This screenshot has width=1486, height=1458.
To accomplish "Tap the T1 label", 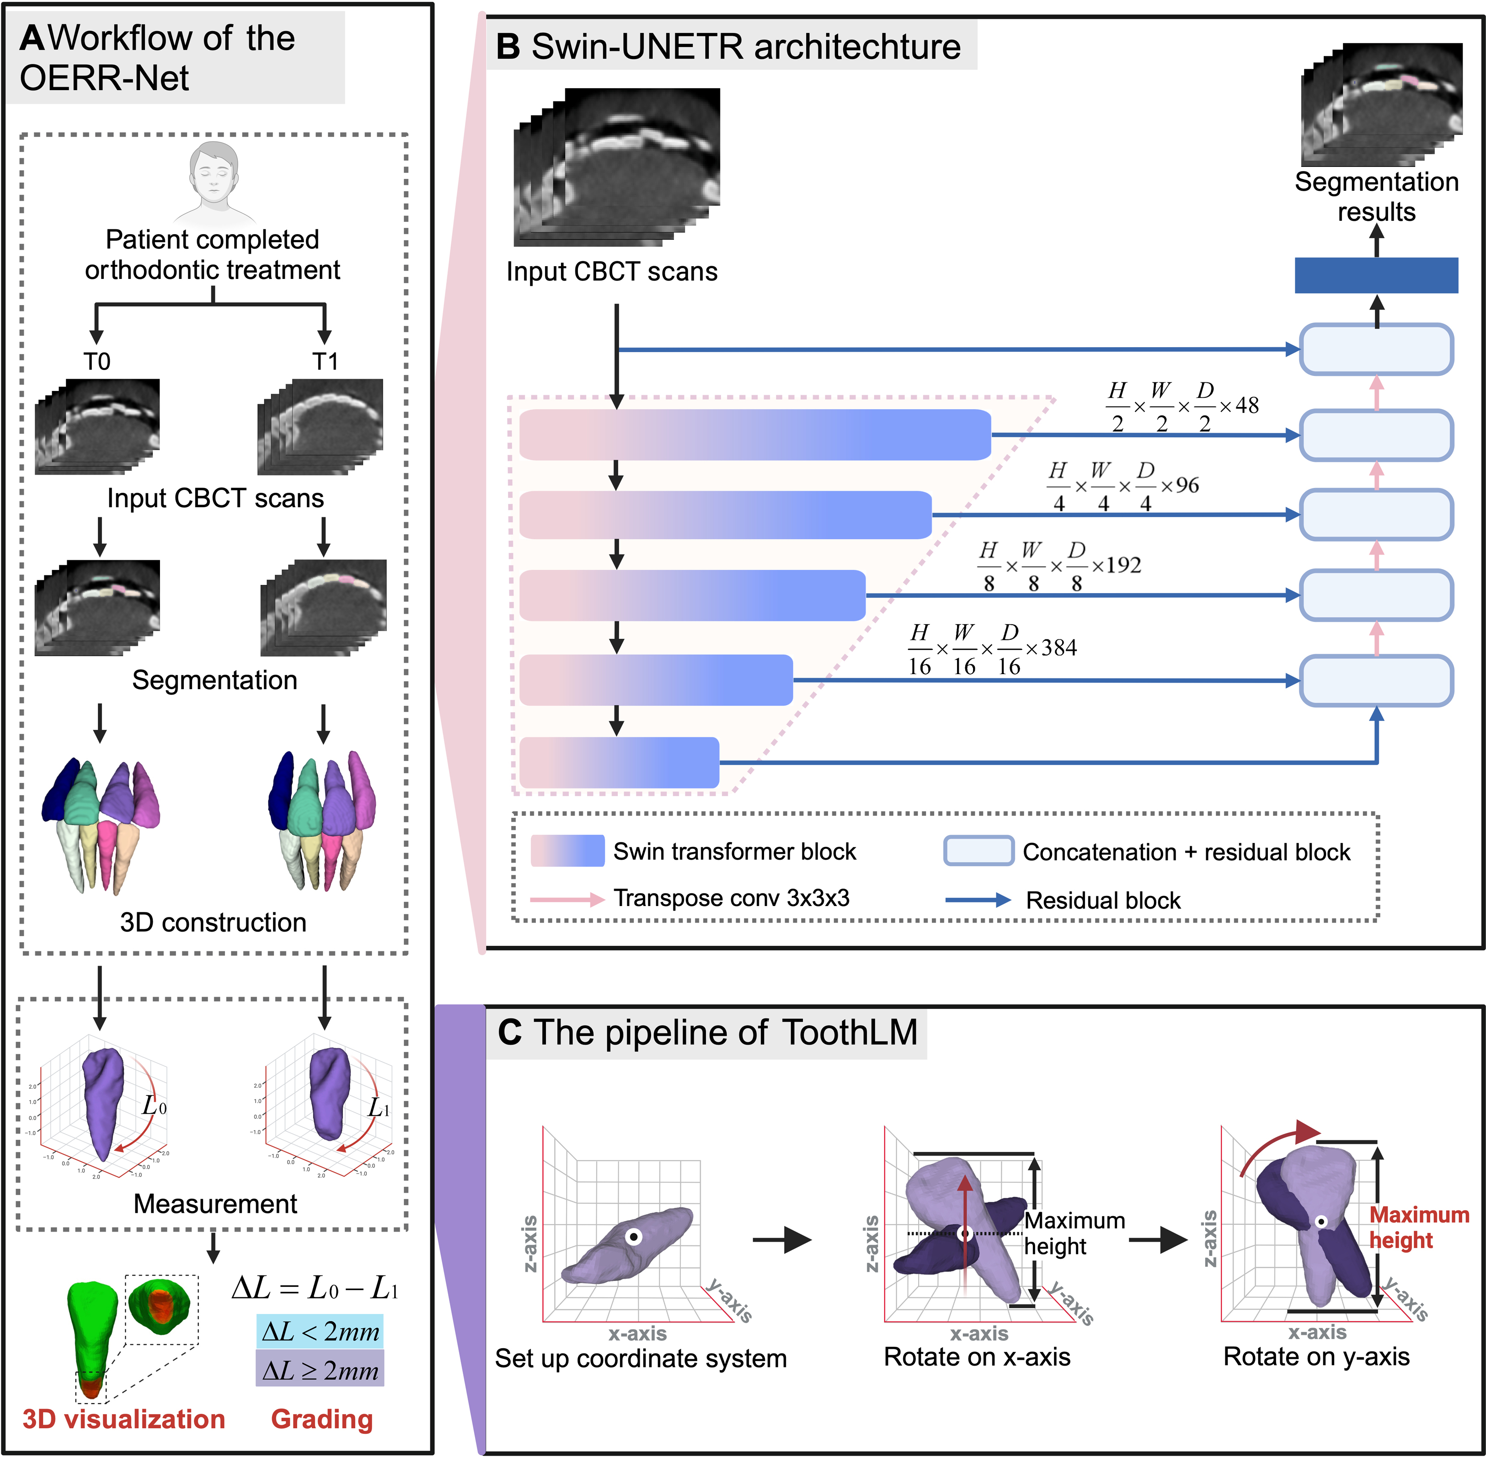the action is point(325,361).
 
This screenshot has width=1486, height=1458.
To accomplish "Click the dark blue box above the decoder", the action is point(1376,275).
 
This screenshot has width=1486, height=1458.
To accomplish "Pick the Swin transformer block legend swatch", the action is point(567,851).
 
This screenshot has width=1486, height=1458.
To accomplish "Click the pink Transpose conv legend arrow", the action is point(567,899).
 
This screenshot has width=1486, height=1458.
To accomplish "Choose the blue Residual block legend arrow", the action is point(978,900).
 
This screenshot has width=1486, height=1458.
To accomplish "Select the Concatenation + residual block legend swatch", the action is point(978,851).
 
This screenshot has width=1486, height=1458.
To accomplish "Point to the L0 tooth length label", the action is point(154,1106).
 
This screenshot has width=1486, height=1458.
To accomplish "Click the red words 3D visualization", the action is point(124,1419).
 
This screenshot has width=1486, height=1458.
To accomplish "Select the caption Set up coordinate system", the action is point(641,1358).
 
